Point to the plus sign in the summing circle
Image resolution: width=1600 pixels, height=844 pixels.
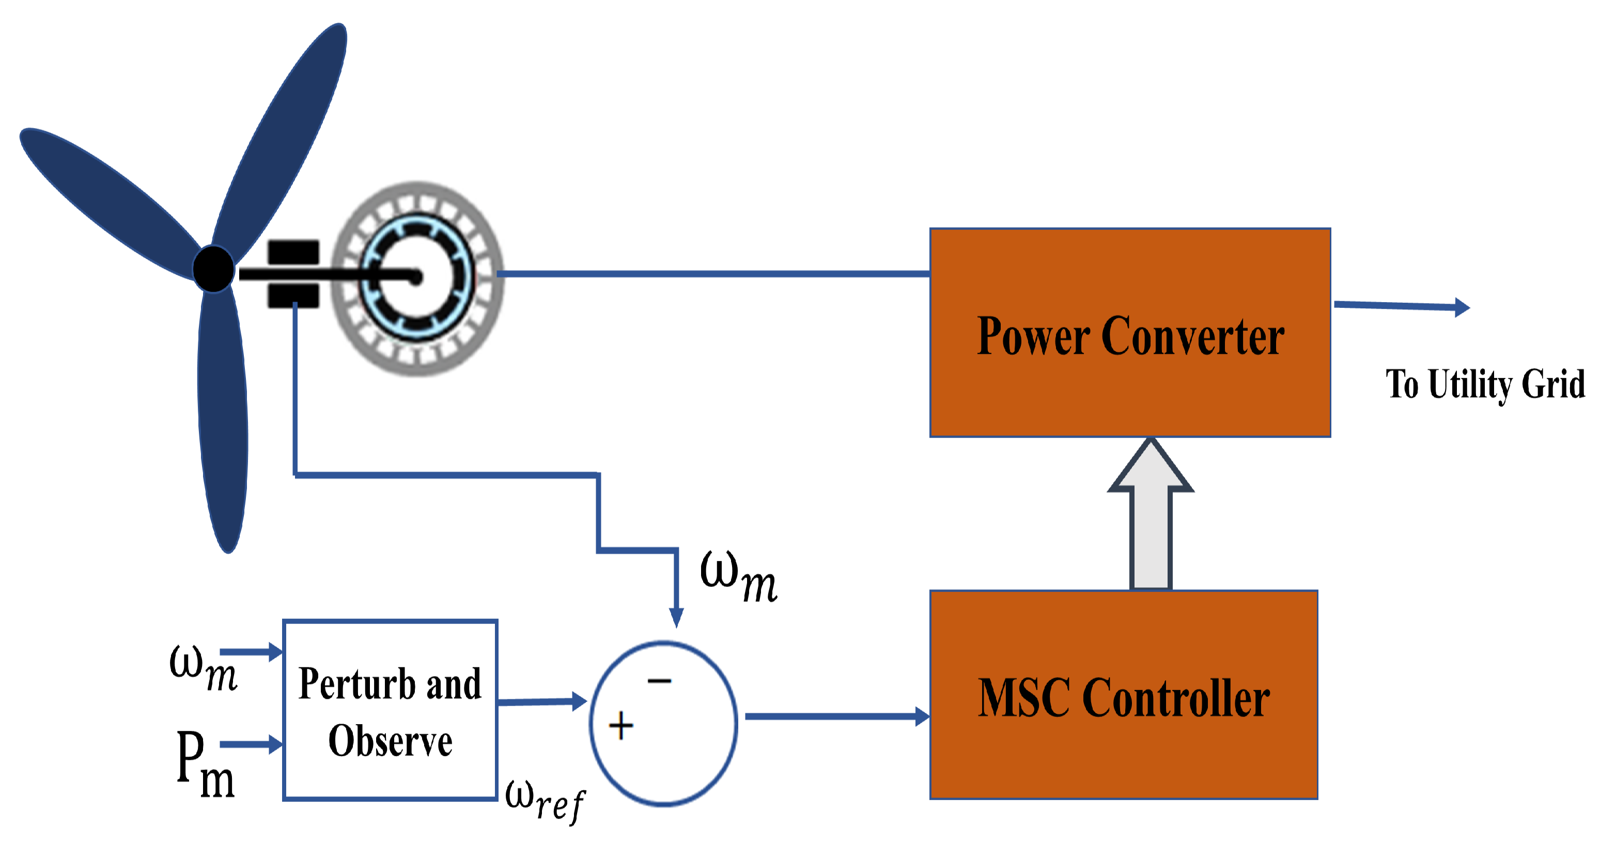(x=620, y=725)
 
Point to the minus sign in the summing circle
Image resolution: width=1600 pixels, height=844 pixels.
(x=659, y=681)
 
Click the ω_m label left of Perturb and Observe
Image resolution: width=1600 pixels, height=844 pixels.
(x=203, y=668)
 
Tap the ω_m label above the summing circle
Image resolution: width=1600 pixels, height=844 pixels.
(x=738, y=576)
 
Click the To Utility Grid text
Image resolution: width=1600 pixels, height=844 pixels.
(x=1484, y=384)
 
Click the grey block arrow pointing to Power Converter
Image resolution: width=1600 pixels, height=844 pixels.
(x=1151, y=515)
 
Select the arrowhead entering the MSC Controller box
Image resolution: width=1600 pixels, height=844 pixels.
(x=922, y=716)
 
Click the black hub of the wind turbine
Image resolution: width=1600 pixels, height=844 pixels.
(x=213, y=268)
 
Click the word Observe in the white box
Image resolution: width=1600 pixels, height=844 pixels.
(x=390, y=741)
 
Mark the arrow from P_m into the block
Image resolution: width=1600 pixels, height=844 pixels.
(x=251, y=744)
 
